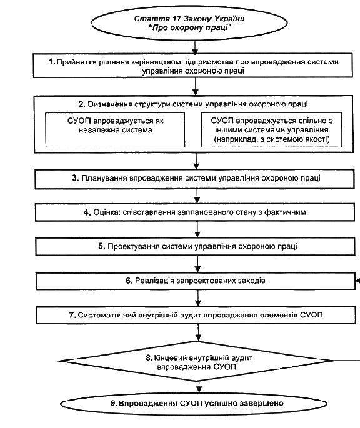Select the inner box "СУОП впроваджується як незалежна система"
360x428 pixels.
115,130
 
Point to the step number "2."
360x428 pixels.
82,104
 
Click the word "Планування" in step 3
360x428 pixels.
104,178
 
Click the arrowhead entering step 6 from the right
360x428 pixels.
358,281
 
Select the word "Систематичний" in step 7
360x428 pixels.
107,315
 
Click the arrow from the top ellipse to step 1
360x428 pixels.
195,47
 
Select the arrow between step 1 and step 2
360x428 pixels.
195,86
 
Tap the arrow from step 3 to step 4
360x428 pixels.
197,196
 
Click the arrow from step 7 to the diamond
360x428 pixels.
199,333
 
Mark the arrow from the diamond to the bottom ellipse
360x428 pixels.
199,387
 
